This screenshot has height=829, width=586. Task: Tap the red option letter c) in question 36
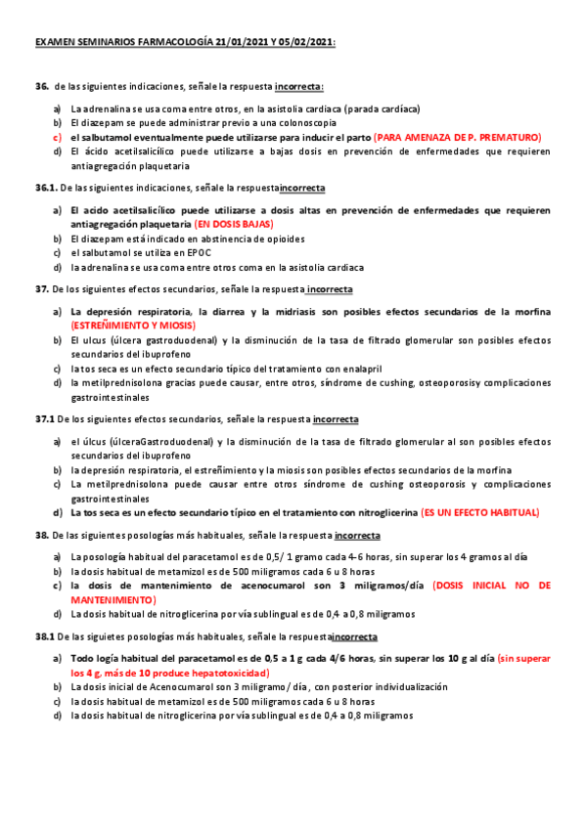coord(58,138)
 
